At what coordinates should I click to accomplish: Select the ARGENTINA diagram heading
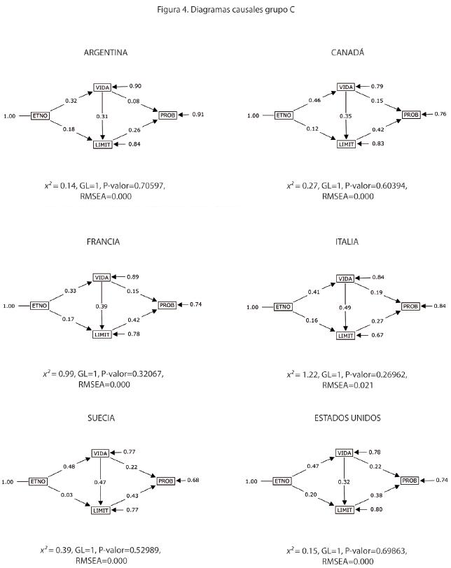(105, 52)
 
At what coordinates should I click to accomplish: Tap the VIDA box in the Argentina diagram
(102, 87)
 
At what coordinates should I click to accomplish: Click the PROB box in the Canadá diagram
(410, 114)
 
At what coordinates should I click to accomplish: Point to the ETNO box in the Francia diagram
(39, 306)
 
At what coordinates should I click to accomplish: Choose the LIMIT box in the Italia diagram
(346, 336)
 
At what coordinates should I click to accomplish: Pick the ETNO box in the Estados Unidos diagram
(282, 481)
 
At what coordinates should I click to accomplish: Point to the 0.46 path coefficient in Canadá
(315, 101)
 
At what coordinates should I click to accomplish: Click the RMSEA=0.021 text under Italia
(346, 385)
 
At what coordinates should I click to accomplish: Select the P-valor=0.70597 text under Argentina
(134, 185)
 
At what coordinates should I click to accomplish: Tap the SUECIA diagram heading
(102, 418)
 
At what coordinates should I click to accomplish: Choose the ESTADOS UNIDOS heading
(348, 418)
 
